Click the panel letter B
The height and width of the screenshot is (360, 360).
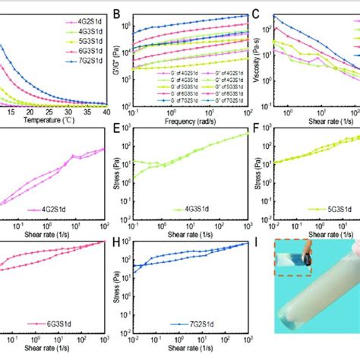point(117,13)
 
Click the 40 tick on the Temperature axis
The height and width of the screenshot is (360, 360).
point(105,112)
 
